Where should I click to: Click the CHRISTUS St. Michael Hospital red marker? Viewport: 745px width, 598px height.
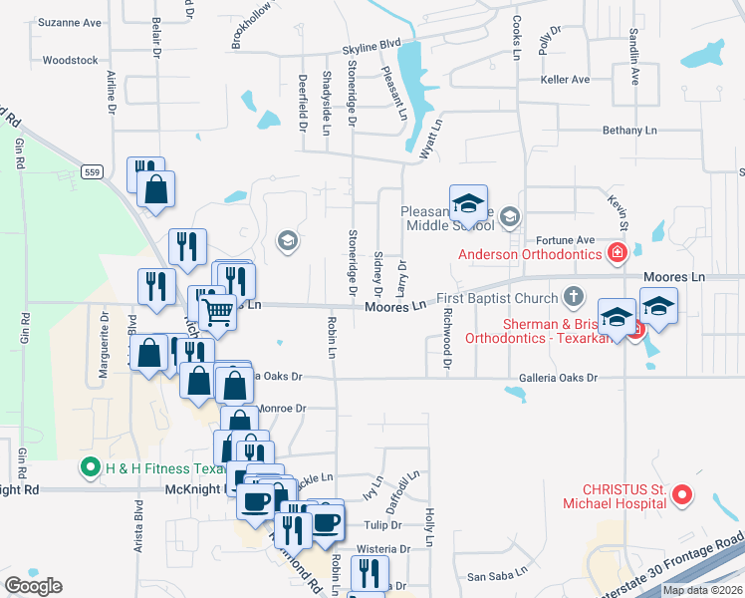click(682, 493)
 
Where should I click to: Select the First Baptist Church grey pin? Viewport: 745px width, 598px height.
click(573, 296)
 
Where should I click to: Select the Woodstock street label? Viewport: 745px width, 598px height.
click(71, 60)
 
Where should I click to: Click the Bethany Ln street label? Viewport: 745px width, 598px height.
click(630, 131)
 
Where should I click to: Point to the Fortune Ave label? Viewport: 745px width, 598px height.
click(565, 239)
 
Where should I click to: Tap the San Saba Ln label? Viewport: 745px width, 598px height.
click(489, 576)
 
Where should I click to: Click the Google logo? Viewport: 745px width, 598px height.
click(33, 586)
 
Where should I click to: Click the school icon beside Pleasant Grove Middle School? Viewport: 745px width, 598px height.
click(510, 216)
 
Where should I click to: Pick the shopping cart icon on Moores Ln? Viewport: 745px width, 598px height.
click(217, 311)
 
